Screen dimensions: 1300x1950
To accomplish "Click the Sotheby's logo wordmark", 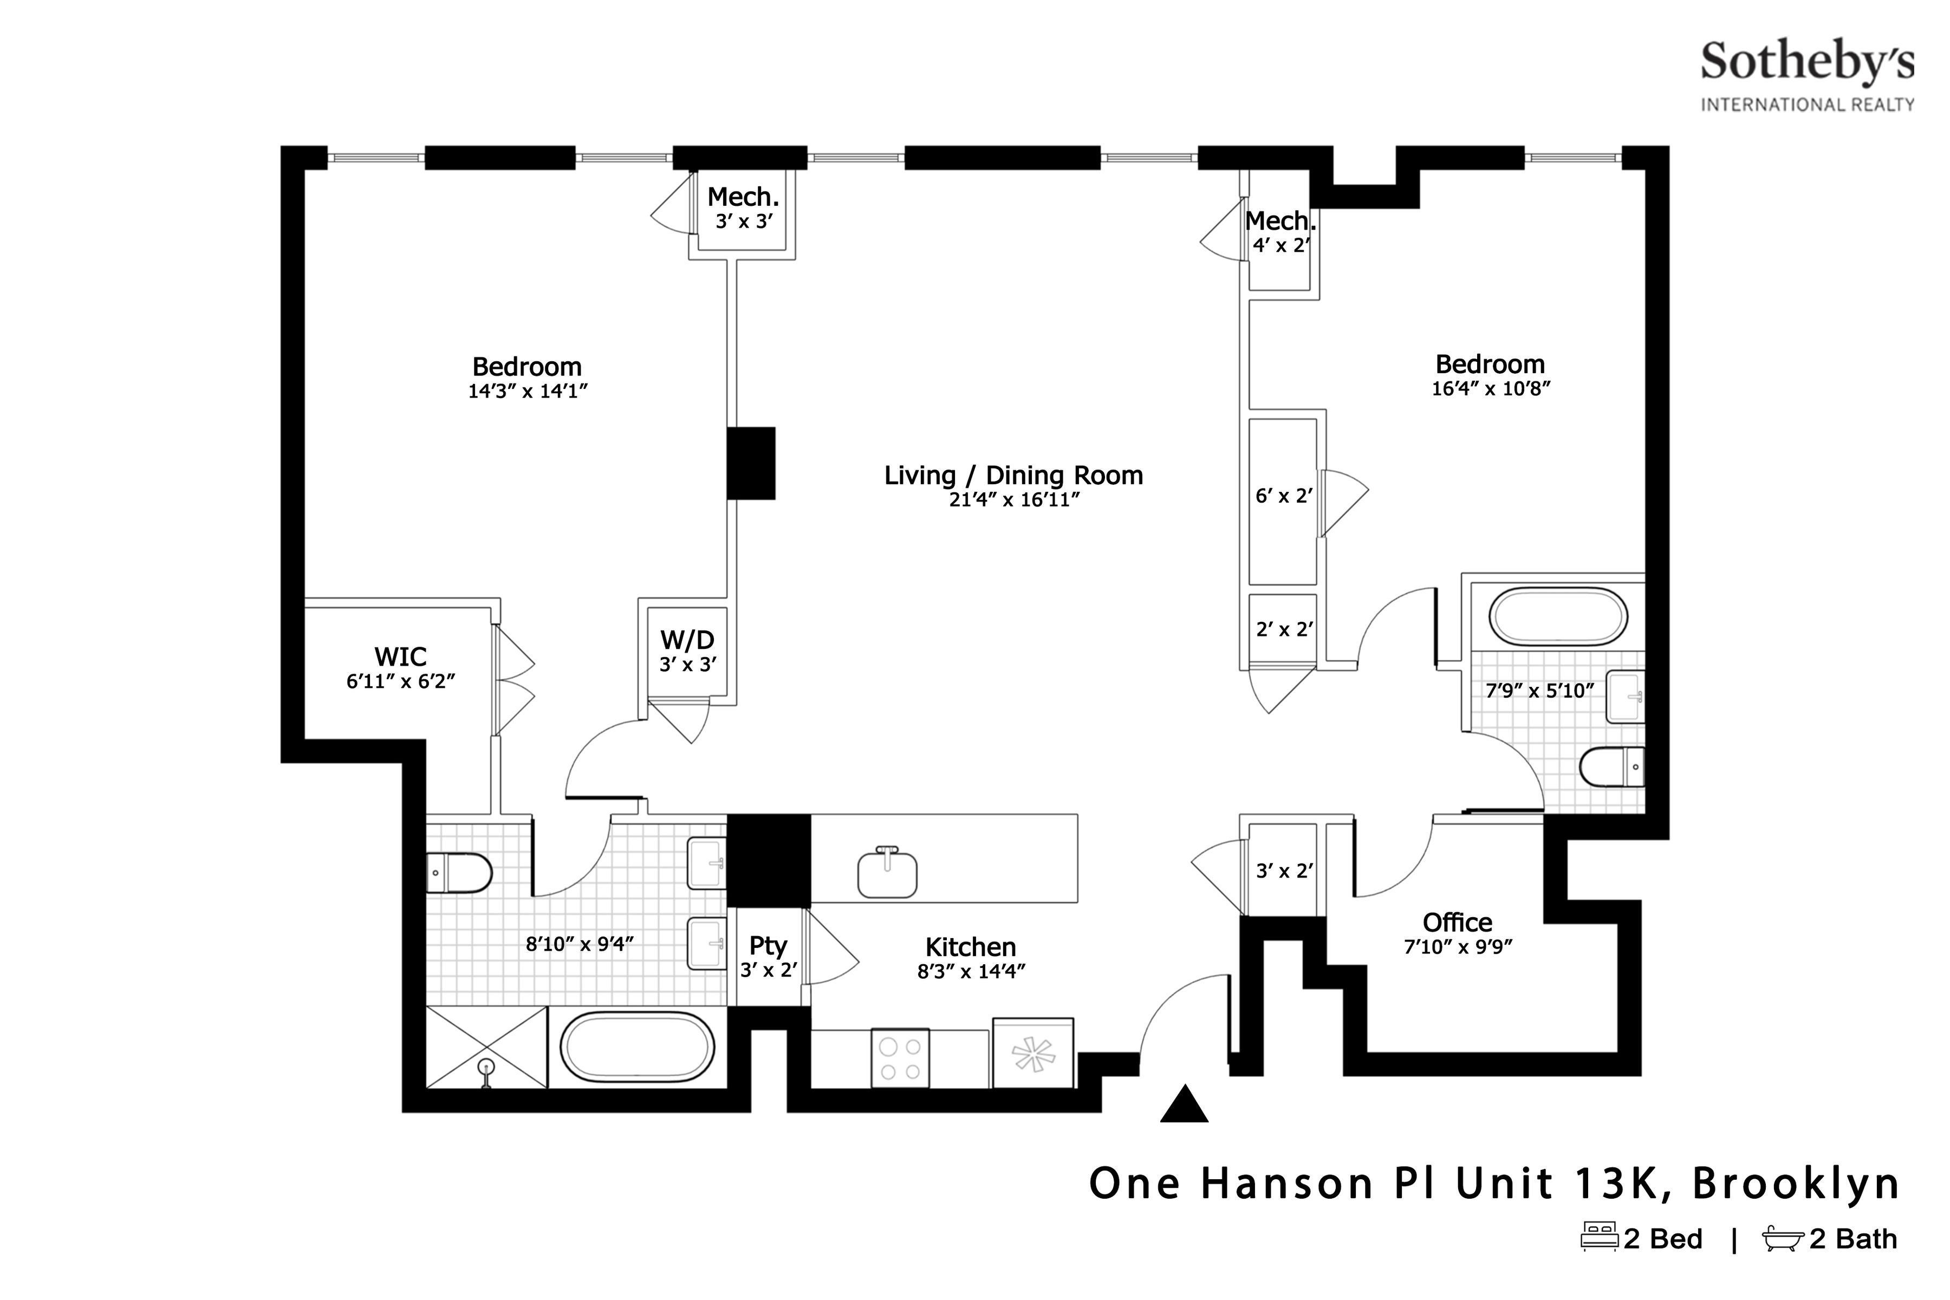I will (1808, 63).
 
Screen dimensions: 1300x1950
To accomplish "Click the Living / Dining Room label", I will (1013, 476).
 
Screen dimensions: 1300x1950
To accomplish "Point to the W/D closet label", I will (687, 640).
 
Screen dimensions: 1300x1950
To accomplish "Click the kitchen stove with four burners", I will (900, 1059).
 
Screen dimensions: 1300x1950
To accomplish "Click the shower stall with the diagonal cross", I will (486, 1047).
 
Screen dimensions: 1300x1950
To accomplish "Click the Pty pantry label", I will (768, 946).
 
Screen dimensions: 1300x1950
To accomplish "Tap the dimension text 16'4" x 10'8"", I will (1491, 389).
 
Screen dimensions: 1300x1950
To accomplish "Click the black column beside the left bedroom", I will (751, 464).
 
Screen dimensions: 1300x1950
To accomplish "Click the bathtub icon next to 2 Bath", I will (1783, 1238).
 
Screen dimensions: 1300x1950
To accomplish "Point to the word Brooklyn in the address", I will (1796, 1184).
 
